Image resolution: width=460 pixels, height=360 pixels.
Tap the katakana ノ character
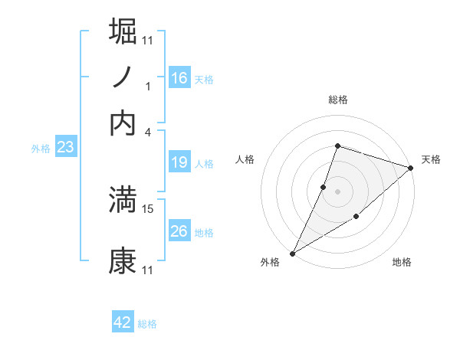[x=123, y=77]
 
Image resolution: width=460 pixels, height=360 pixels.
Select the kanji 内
[x=123, y=123]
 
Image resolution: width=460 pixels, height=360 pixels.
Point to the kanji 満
[x=123, y=201]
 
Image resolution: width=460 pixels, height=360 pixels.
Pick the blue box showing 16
[x=179, y=77]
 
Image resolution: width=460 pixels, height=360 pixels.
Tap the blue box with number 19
[x=179, y=162]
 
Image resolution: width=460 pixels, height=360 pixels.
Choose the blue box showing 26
[x=179, y=231]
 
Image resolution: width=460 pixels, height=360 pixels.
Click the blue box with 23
[x=64, y=148]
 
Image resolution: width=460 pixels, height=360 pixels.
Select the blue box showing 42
[x=123, y=322]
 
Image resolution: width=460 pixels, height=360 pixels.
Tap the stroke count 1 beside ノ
[x=148, y=86]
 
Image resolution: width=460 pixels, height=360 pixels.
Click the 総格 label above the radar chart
[x=337, y=100]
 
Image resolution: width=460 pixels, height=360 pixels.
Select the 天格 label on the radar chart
[x=431, y=159]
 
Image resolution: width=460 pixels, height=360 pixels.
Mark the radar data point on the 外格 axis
[x=292, y=254]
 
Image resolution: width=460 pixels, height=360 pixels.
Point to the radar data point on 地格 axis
[x=356, y=218]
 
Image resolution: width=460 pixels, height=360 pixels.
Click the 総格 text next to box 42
[x=147, y=324]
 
